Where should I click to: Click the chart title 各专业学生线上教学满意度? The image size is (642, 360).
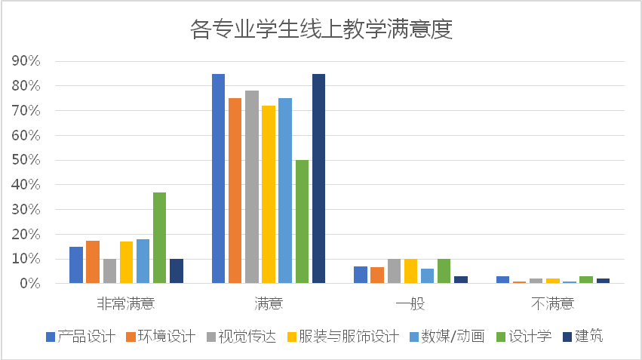[321, 29]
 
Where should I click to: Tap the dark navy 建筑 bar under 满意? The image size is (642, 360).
[318, 179]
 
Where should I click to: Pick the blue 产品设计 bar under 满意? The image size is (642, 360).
[218, 179]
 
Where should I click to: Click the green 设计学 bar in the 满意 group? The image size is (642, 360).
[302, 222]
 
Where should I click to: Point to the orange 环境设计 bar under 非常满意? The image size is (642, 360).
[93, 262]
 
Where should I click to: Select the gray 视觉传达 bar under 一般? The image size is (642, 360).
[394, 271]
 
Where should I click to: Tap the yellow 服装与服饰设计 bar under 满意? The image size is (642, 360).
[269, 195]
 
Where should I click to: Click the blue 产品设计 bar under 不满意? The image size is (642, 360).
[503, 279]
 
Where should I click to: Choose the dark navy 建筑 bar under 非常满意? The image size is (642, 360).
[177, 271]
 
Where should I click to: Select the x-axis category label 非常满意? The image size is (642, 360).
[126, 304]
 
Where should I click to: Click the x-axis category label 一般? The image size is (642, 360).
[410, 304]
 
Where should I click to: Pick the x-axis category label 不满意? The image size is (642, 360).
[552, 304]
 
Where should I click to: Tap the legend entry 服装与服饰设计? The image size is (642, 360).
[348, 337]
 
